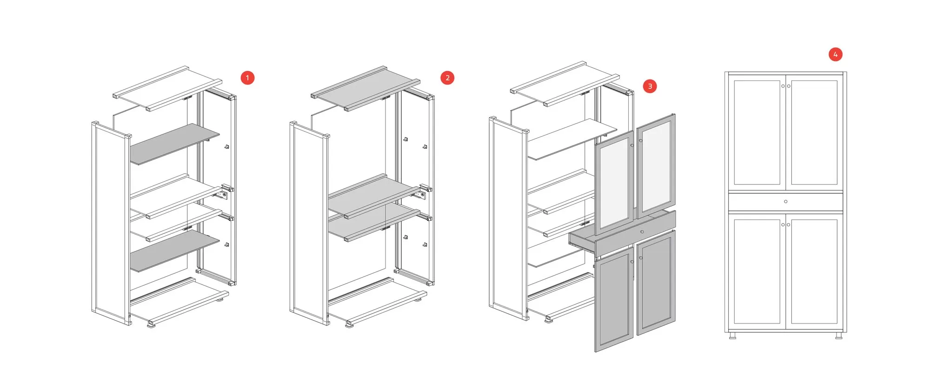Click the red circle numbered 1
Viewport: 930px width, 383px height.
coord(247,78)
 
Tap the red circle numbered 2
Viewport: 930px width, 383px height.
coord(447,78)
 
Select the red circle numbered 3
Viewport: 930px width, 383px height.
coord(650,86)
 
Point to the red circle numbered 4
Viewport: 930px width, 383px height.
coord(835,54)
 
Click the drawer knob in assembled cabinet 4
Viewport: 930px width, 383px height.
coord(785,202)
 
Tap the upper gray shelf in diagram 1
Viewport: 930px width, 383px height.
coord(174,144)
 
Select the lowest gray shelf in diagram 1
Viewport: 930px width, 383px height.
coord(174,251)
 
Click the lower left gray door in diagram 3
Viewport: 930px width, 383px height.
coord(614,300)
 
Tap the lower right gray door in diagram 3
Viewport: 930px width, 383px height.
coord(656,282)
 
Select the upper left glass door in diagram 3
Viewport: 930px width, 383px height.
coord(614,183)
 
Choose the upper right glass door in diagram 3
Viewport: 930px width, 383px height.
coord(656,166)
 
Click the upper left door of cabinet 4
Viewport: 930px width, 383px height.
coord(757,132)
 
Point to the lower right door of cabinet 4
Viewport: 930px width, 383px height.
coord(814,271)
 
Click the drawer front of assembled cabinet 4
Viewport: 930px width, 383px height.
coord(785,202)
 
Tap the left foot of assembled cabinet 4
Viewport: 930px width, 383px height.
coord(732,335)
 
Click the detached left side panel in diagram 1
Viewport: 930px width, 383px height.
coord(111,223)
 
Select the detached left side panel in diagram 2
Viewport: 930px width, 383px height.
coord(310,223)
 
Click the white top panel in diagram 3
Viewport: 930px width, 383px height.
coord(565,84)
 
